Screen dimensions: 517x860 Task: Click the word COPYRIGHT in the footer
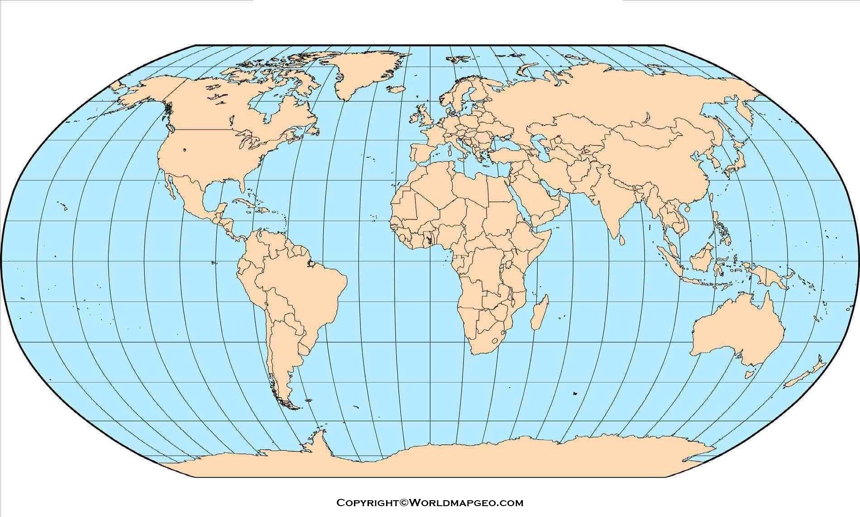[367, 503]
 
